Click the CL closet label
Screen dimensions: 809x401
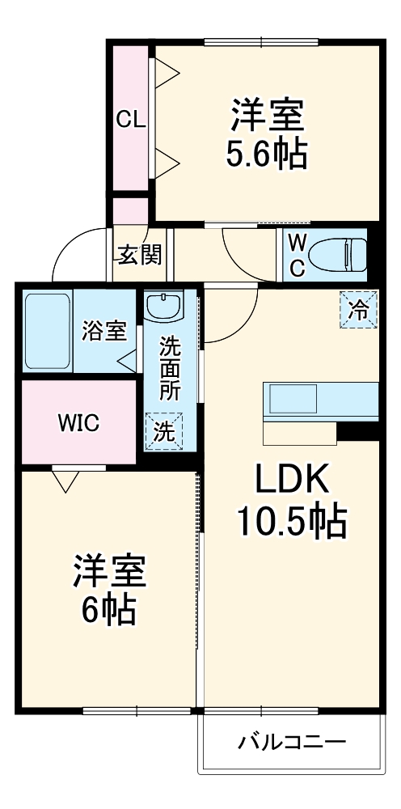(x=129, y=121)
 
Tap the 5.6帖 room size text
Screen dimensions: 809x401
(x=266, y=155)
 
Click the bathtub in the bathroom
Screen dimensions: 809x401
(x=48, y=332)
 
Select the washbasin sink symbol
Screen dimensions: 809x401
(x=164, y=307)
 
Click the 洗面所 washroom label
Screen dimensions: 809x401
(x=169, y=369)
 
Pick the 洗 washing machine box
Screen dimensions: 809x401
(x=164, y=430)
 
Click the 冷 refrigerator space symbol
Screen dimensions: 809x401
(x=358, y=309)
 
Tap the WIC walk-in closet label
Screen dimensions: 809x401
(x=78, y=422)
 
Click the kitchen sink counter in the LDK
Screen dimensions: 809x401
(x=320, y=401)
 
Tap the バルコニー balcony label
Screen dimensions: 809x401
(x=292, y=742)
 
